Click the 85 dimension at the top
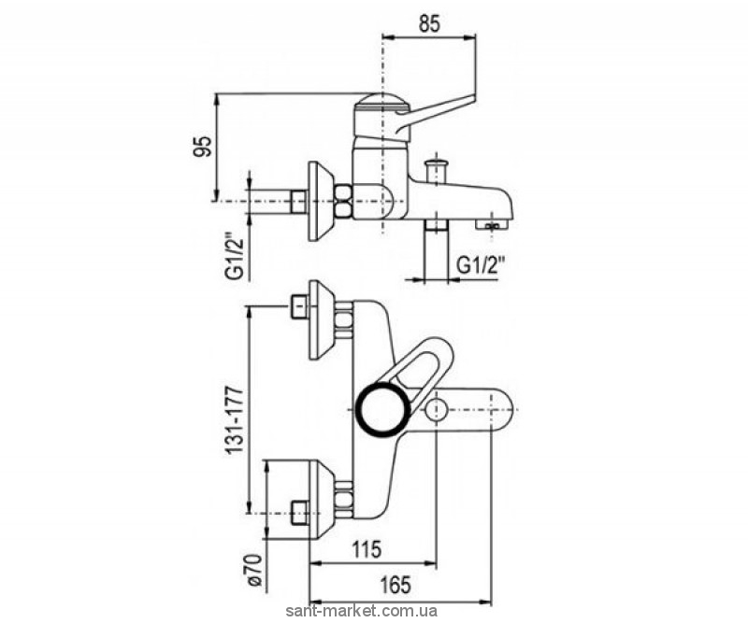point(429,24)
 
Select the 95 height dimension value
point(202,147)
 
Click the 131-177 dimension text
point(235,420)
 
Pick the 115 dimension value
point(367,549)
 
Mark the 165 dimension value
point(396,585)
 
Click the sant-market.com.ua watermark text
point(361,612)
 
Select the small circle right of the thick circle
point(436,410)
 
